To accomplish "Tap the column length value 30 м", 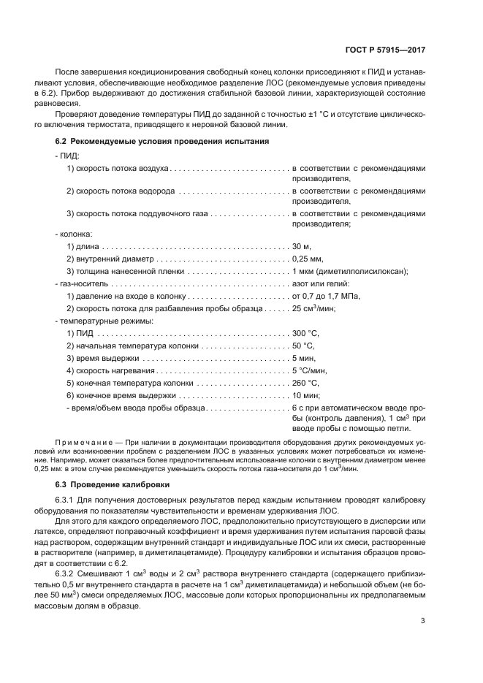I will click(303, 247).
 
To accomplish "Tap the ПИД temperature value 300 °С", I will click(306, 333).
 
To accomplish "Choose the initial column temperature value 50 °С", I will click(304, 346).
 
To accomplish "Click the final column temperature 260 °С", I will click(306, 382).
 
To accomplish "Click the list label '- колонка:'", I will click(72, 234).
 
